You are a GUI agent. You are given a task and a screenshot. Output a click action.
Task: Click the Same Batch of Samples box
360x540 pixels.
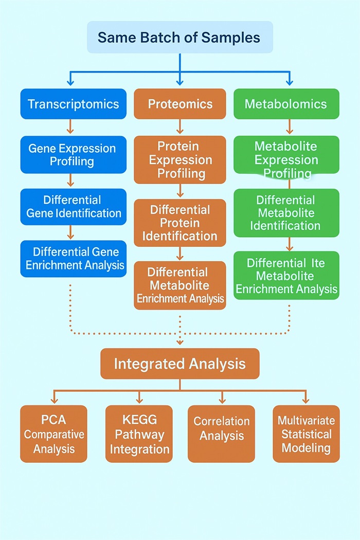(179, 37)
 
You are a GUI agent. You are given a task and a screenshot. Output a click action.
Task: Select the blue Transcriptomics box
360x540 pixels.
(73, 104)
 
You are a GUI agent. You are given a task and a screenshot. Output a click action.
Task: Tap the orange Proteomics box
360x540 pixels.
(180, 104)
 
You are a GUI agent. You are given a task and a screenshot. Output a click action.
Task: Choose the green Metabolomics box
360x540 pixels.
(286, 104)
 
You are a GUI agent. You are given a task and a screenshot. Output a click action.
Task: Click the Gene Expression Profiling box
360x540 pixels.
(73, 155)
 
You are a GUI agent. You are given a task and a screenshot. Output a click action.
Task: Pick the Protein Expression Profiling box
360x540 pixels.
(180, 159)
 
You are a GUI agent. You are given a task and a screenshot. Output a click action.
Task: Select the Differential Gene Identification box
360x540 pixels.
(73, 207)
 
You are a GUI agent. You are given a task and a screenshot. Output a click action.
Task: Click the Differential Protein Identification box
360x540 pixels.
(180, 223)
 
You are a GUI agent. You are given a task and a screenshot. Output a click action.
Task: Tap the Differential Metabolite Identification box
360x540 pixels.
(286, 212)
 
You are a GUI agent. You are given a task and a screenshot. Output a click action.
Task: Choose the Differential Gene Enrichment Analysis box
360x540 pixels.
(73, 259)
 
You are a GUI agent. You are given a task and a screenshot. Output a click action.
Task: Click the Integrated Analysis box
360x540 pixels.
(179, 364)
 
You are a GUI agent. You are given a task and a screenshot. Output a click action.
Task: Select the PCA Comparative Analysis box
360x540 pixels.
(53, 434)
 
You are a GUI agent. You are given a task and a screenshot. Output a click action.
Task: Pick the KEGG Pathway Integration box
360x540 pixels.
(139, 434)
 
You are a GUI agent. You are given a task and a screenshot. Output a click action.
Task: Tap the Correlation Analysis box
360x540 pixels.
(221, 434)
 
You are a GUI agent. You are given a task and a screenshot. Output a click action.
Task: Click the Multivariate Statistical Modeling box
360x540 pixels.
(306, 434)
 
